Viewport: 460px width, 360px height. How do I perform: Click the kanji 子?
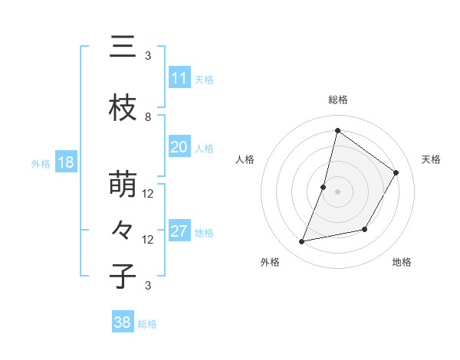(123, 277)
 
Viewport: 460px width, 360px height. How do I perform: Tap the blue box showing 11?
(179, 78)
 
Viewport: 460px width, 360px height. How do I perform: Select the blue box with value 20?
(179, 147)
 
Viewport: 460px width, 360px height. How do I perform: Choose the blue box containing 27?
(179, 231)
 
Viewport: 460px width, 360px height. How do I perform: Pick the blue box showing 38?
(123, 322)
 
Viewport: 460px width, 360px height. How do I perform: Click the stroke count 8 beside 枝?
(148, 117)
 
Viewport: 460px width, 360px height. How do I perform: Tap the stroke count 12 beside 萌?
(148, 194)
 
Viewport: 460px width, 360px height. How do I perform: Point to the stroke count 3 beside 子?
(148, 286)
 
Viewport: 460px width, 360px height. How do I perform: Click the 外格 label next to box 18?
(40, 163)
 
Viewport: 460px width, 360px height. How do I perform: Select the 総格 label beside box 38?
(147, 324)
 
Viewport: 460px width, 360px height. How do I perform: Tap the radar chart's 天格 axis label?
(431, 159)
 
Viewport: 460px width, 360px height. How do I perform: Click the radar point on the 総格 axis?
(337, 130)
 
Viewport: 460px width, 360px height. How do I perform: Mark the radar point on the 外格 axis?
(302, 242)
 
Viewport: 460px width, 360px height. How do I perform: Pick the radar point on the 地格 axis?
(366, 230)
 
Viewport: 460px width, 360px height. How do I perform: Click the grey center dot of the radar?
(337, 191)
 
